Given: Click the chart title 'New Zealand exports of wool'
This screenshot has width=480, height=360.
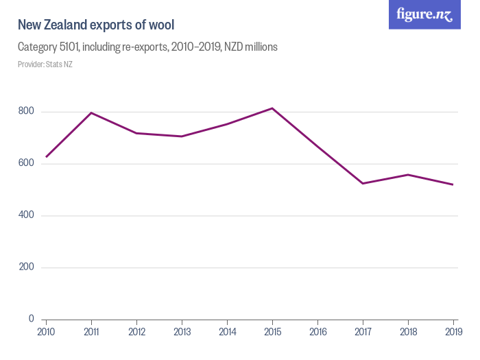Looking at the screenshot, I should tap(96, 25).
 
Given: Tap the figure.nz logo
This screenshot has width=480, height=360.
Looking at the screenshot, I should tap(424, 14).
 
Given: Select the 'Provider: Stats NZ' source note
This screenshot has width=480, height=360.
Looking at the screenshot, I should tap(45, 64).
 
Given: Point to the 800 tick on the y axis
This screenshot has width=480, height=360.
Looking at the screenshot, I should tap(27, 111).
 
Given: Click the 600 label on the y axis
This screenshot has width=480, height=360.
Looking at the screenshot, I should tap(27, 163).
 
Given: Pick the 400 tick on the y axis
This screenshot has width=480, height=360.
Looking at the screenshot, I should tap(27, 215).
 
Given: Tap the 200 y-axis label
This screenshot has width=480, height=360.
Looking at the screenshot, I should tap(27, 267).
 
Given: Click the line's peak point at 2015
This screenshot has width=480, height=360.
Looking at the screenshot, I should tap(272, 108).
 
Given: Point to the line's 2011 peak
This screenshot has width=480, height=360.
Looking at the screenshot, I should tap(91, 112).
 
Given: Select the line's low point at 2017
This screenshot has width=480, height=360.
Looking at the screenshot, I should tap(363, 183).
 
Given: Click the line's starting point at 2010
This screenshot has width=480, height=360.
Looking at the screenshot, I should tap(46, 157).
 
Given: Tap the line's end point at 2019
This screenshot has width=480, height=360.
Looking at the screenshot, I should tap(453, 184).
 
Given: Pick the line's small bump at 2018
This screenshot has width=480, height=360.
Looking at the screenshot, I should tap(408, 175).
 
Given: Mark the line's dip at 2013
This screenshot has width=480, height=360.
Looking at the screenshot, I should tap(182, 136).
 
